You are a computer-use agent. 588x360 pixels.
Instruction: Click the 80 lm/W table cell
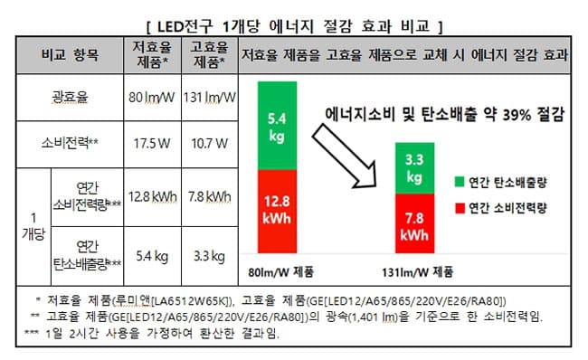(152, 97)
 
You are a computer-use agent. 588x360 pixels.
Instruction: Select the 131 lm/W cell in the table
(210, 97)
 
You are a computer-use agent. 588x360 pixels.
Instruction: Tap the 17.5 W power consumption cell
(152, 144)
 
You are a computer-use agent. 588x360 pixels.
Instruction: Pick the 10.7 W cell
(210, 144)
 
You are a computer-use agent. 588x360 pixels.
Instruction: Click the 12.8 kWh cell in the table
(152, 197)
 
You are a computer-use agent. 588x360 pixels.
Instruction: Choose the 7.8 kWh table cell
(210, 197)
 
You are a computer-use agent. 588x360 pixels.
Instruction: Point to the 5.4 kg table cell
(152, 256)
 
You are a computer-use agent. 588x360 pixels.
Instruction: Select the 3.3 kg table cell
(210, 256)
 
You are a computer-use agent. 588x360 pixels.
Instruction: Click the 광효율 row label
(70, 97)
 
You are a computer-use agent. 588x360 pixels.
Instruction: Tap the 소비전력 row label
(70, 143)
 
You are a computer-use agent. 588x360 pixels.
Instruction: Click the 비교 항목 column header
(70, 55)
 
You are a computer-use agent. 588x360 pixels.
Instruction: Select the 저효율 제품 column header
(152, 55)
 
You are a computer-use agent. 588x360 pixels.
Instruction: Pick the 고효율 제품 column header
(210, 55)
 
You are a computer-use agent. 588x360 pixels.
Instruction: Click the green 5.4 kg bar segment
(277, 126)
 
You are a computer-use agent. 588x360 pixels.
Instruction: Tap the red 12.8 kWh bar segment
(277, 212)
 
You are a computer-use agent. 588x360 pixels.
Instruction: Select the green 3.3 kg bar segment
(414, 168)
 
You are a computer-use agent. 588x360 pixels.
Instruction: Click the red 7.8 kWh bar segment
(414, 223)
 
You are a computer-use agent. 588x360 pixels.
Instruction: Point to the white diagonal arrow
(345, 156)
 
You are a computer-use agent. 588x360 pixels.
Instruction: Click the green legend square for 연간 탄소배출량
(460, 182)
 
